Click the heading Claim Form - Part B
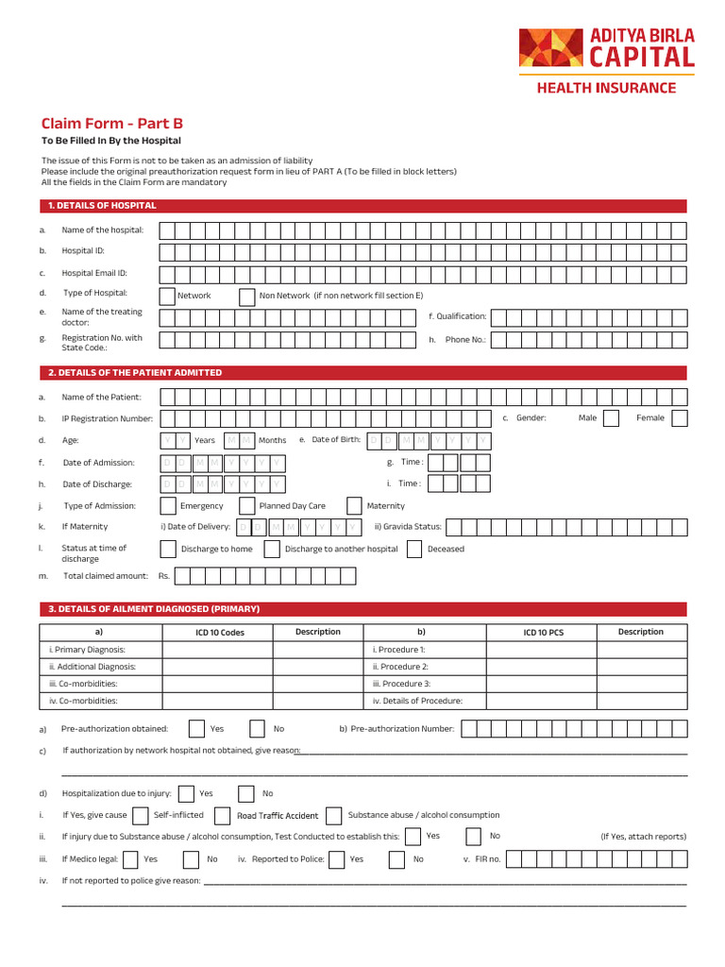111,124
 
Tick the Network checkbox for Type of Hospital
167,296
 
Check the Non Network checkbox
247,296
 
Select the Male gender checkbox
611,418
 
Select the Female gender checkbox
679,418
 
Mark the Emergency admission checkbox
168,506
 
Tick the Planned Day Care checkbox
247,506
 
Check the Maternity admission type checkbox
355,506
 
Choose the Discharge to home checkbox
168,550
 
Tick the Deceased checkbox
414,550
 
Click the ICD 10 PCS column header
543,633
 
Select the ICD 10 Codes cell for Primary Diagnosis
218,650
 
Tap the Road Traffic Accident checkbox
223,816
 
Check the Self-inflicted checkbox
141,816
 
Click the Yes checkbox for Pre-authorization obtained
196,729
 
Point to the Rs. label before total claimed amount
164,576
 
